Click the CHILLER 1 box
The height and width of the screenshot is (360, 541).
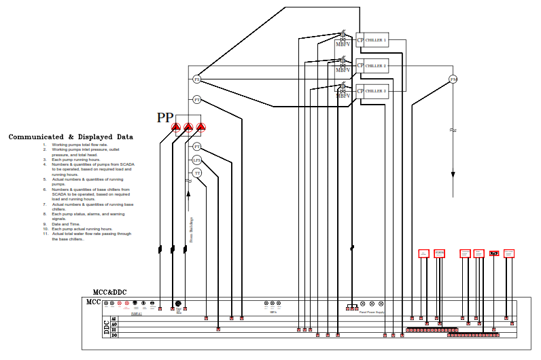point(377,40)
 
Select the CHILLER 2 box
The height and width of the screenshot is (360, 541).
point(377,66)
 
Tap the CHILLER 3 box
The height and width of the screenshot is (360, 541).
point(377,91)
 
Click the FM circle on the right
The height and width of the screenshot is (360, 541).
point(453,79)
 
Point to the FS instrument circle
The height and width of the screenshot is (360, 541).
point(197,79)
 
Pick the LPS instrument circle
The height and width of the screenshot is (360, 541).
point(197,160)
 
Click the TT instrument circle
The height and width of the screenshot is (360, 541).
point(197,173)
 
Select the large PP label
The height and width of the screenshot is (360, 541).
point(165,118)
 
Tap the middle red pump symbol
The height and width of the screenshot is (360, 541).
point(188,127)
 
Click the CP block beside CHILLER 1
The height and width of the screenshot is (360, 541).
point(360,40)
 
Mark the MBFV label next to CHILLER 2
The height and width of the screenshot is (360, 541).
point(343,70)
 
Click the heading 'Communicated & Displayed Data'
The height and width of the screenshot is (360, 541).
point(71,137)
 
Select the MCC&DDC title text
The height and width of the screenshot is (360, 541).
point(115,292)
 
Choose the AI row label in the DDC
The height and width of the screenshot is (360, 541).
point(114,318)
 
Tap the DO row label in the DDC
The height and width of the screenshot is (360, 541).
point(114,335)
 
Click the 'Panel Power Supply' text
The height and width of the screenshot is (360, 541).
point(371,312)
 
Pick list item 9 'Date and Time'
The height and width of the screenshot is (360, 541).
point(65,223)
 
